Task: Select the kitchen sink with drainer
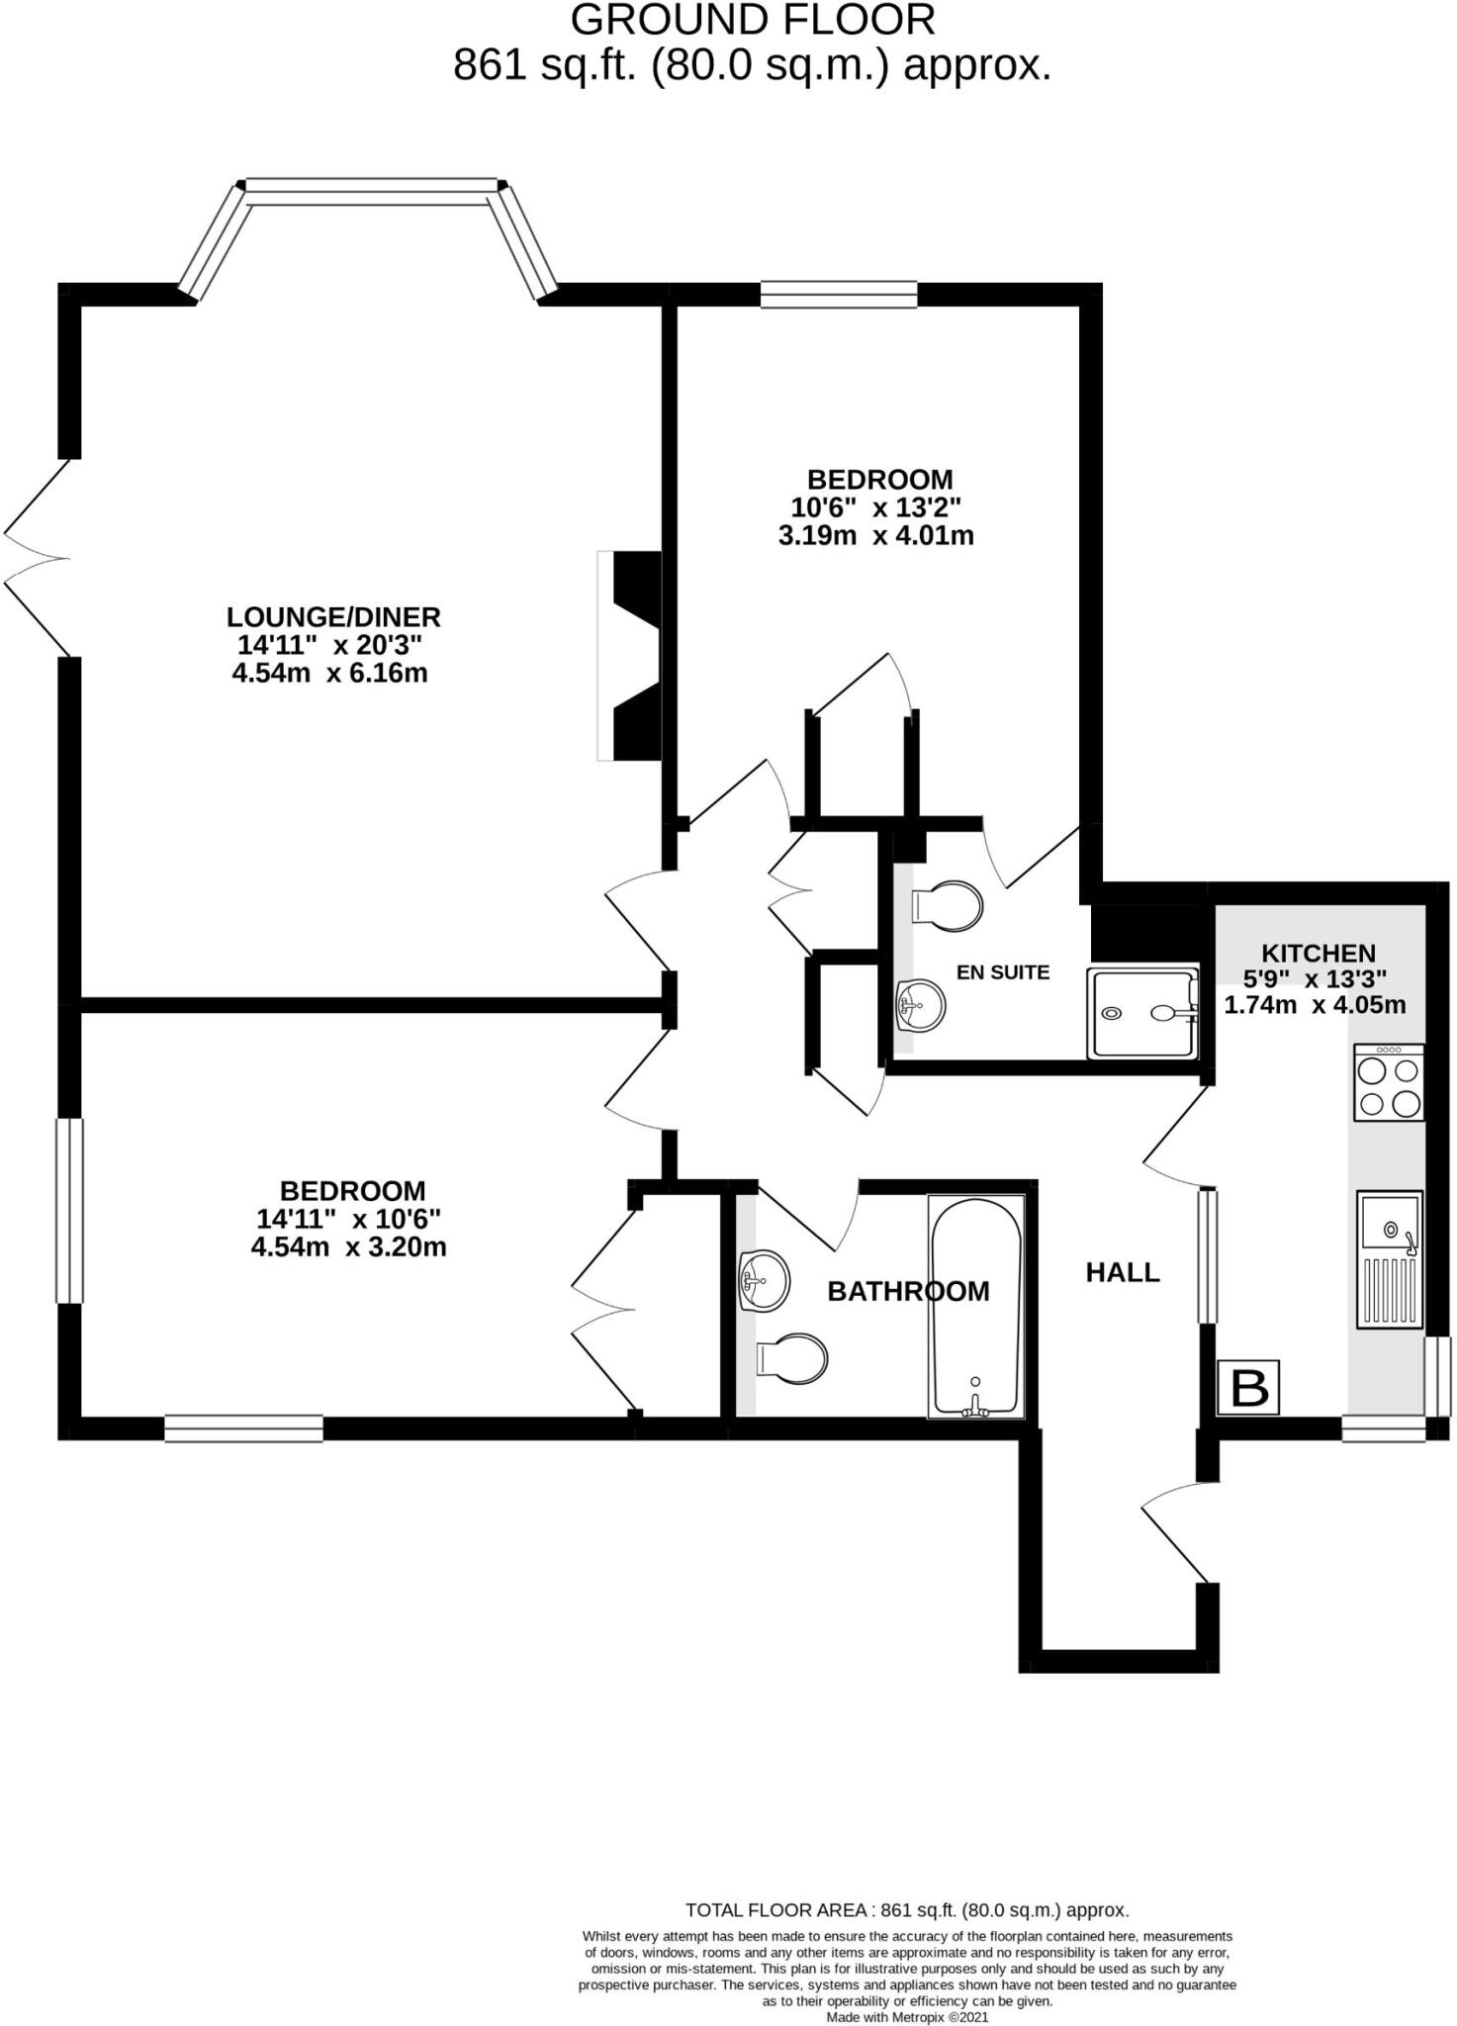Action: (x=1389, y=1258)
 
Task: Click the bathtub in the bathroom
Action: (x=975, y=1306)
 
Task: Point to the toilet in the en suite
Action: (x=947, y=905)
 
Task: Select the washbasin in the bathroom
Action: (x=764, y=1280)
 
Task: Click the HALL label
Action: (x=1123, y=1272)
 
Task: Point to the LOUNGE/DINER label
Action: (x=333, y=617)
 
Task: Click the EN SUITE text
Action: (x=1002, y=972)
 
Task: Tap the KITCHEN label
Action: (x=1318, y=954)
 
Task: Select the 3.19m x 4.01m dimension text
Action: (x=875, y=536)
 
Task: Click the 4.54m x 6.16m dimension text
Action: (x=329, y=674)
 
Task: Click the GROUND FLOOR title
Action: (x=752, y=20)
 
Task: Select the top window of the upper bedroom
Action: (x=838, y=294)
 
